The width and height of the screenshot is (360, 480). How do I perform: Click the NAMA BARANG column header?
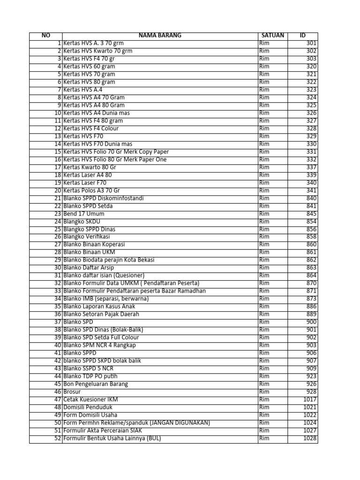pyautogui.click(x=160, y=36)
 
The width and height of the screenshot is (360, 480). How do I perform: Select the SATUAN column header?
pyautogui.click(x=272, y=36)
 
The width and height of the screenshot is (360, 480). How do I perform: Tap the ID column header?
pyautogui.click(x=303, y=36)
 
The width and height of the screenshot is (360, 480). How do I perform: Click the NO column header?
pyautogui.click(x=45, y=36)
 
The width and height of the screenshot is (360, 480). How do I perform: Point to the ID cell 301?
pyautogui.click(x=312, y=43)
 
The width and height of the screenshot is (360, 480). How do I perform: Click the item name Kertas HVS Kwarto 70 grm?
pyautogui.click(x=97, y=51)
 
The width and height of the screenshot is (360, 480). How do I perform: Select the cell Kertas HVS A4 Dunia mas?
pyautogui.click(x=97, y=113)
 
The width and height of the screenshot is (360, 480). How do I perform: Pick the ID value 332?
pyautogui.click(x=312, y=159)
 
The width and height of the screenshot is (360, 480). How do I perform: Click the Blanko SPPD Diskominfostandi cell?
pyautogui.click(x=104, y=198)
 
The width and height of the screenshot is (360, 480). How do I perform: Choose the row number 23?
pyautogui.click(x=58, y=214)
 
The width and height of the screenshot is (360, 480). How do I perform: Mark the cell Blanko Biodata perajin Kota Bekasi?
pyautogui.click(x=109, y=260)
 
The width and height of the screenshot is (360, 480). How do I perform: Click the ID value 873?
pyautogui.click(x=312, y=299)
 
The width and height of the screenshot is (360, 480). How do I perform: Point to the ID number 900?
pyautogui.click(x=312, y=322)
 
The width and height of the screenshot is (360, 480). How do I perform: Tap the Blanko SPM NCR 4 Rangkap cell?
pyautogui.click(x=100, y=345)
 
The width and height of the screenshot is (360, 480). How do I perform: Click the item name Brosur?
pyautogui.click(x=72, y=391)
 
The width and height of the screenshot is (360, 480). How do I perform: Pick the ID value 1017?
pyautogui.click(x=310, y=399)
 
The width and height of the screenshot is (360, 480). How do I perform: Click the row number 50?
pyautogui.click(x=58, y=423)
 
